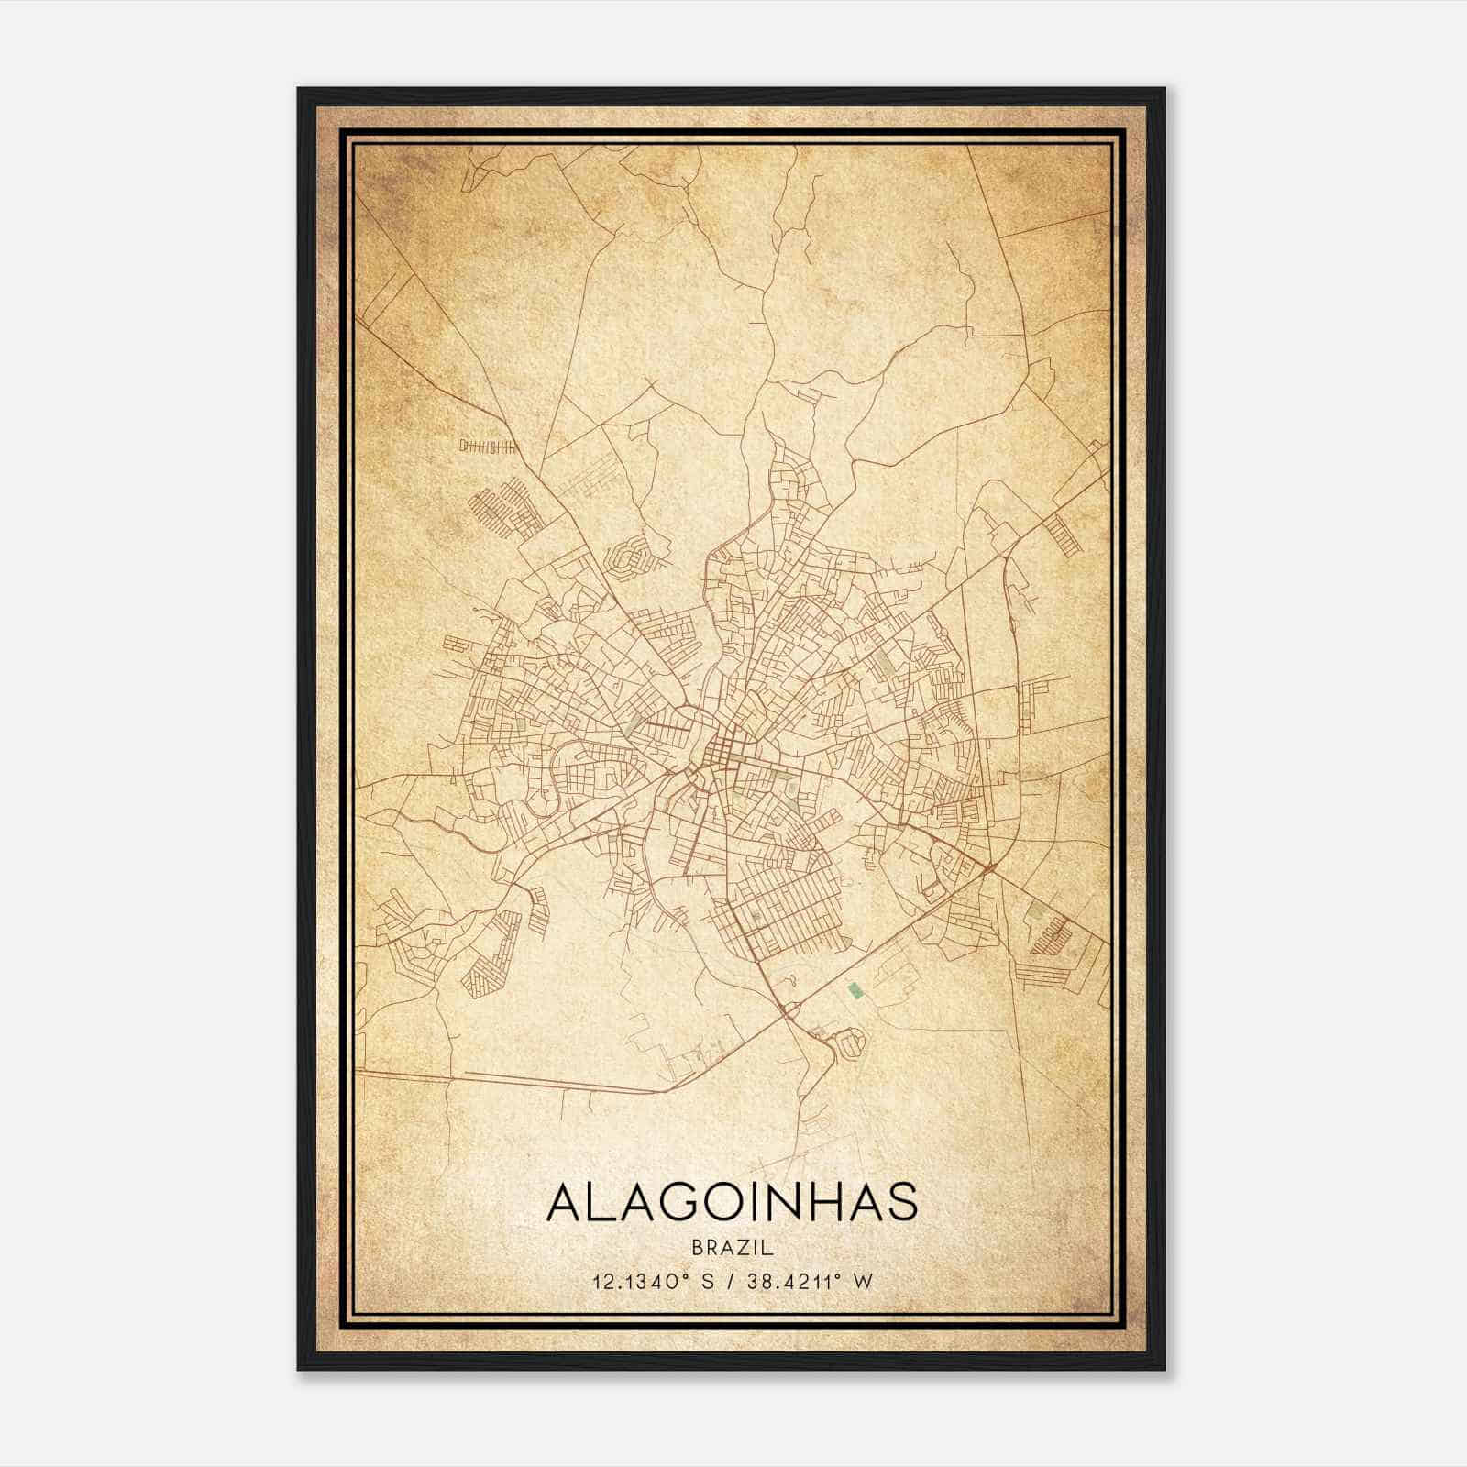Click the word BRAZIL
[x=733, y=1248]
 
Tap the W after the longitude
[x=862, y=1281]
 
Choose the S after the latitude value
[x=707, y=1281]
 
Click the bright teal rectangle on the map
[x=855, y=989]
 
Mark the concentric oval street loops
[x=631, y=558]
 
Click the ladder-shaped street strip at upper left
[x=488, y=447]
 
